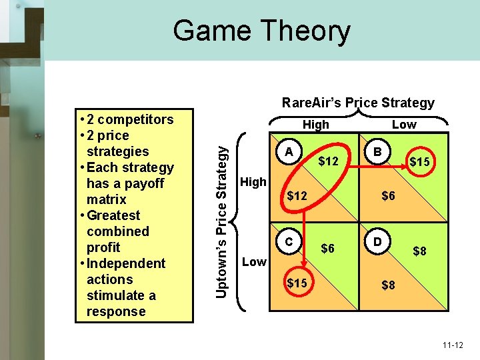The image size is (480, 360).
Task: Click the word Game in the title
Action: [211, 31]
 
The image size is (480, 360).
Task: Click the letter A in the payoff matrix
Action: [288, 152]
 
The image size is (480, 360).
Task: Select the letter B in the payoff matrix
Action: [377, 152]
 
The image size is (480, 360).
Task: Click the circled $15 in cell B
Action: [419, 162]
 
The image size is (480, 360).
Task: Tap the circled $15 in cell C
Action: [297, 283]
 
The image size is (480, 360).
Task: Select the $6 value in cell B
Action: [389, 195]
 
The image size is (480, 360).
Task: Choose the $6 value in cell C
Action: [327, 248]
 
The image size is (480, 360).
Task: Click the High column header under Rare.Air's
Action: [315, 125]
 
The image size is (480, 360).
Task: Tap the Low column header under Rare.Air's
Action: [403, 125]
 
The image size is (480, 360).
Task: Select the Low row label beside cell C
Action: [254, 262]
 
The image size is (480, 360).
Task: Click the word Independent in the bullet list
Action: [126, 263]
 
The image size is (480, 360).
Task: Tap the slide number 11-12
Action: [452, 345]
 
